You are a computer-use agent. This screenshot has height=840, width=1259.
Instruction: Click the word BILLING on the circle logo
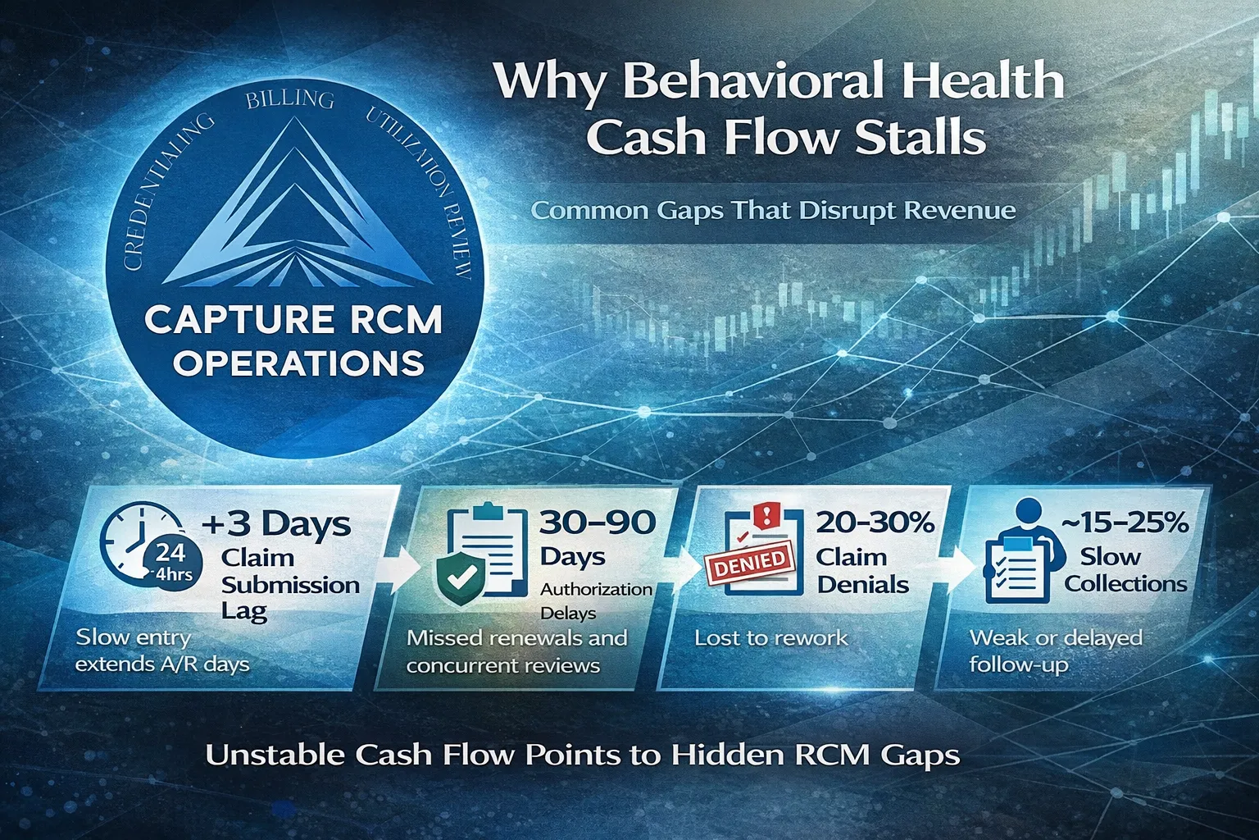click(289, 100)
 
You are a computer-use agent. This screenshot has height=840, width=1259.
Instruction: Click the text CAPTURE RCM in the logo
click(293, 320)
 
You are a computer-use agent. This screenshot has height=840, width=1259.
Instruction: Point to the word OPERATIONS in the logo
click(298, 363)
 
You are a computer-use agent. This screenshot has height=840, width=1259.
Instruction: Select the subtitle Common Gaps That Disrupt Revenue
click(773, 211)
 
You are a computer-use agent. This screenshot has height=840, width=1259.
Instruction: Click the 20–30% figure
click(875, 523)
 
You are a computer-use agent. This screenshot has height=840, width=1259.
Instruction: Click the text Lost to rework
click(770, 637)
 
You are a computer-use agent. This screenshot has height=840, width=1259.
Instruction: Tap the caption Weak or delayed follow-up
click(1055, 651)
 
